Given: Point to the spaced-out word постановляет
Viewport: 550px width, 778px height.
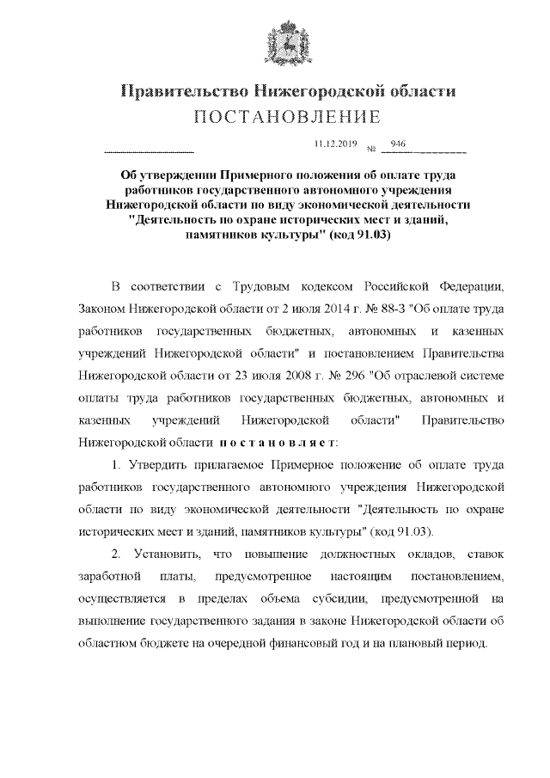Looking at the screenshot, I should coord(276,442).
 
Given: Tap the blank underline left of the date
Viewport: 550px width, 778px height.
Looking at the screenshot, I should coord(148,151).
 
